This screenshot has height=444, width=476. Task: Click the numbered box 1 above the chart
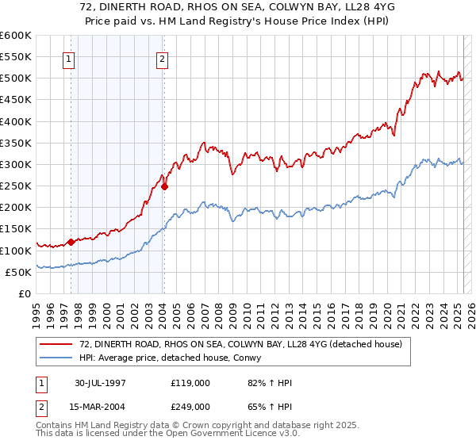coord(68,58)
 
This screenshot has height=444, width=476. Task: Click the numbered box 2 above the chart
coord(162,58)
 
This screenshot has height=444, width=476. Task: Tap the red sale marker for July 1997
coord(71,242)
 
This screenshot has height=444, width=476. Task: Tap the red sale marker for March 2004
coord(164,187)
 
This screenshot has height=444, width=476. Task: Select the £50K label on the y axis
coord(17,272)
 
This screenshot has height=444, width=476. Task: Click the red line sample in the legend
coord(57,344)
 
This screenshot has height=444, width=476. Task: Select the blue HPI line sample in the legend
coord(57,357)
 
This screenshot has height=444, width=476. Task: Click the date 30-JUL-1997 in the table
coord(100,383)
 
